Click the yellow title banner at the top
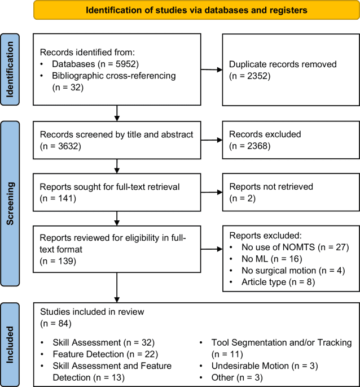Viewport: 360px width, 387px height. [196, 10]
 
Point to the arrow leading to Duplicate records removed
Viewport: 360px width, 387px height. [212, 70]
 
